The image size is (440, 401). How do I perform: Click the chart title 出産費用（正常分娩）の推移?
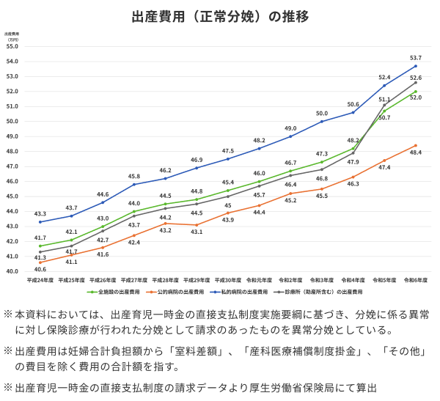(x=220, y=15)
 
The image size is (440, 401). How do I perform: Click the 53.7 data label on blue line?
(x=416, y=58)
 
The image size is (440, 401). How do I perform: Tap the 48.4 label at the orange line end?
(x=416, y=152)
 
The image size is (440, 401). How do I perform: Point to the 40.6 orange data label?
(x=40, y=269)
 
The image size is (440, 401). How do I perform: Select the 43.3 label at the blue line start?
(x=40, y=213)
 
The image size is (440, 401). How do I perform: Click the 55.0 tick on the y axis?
(x=12, y=46)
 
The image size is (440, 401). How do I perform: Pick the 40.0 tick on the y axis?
(x=12, y=271)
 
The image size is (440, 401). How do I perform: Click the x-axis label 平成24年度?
(x=40, y=280)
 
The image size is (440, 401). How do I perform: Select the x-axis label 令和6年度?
(x=416, y=280)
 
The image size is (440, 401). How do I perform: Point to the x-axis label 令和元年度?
(x=260, y=280)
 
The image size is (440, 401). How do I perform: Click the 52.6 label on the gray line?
(x=416, y=78)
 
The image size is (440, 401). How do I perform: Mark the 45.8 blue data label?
(x=134, y=176)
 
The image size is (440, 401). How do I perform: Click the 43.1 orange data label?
(x=197, y=232)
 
